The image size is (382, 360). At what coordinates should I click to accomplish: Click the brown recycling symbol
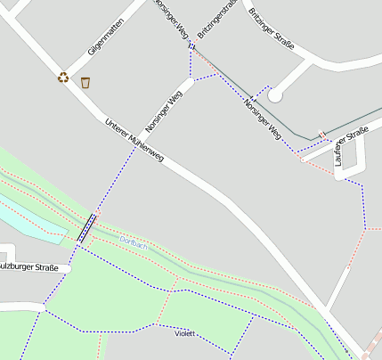pos(63,78)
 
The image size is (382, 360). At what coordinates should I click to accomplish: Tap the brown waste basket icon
pos(85,83)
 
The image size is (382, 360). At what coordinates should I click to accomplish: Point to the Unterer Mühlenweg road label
pos(134,140)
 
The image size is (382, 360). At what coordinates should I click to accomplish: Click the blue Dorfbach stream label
pos(133,245)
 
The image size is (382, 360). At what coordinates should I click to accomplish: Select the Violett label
pos(184,333)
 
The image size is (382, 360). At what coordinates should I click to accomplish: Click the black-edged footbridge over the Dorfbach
pos(86,229)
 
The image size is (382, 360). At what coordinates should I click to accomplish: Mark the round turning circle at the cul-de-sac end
pos(275,94)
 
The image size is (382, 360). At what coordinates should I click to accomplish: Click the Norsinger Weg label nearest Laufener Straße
pos(262,119)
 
